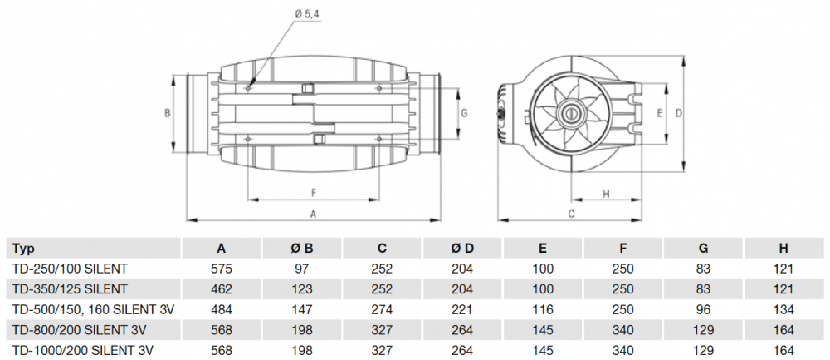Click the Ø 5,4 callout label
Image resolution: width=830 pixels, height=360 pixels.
pyautogui.click(x=305, y=12)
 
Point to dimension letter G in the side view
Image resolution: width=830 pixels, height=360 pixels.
pyautogui.click(x=465, y=111)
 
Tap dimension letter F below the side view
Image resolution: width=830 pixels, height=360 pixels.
pyautogui.click(x=314, y=193)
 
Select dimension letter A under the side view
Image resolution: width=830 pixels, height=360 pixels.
pyautogui.click(x=313, y=214)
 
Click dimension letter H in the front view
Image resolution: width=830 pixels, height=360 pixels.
pyautogui.click(x=605, y=195)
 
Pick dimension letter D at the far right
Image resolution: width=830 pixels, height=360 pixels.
pyautogui.click(x=678, y=112)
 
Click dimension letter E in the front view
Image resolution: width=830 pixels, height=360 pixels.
pyautogui.click(x=659, y=112)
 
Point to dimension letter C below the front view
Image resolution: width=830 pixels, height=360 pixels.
pyautogui.click(x=572, y=214)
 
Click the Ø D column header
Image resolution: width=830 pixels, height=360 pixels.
pyautogui.click(x=462, y=248)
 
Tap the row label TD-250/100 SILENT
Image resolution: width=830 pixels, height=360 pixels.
pyautogui.click(x=70, y=269)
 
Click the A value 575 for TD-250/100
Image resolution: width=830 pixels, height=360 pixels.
pyautogui.click(x=222, y=269)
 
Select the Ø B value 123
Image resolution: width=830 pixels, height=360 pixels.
pyautogui.click(x=302, y=288)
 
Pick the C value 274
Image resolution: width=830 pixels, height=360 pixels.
pyautogui.click(x=382, y=308)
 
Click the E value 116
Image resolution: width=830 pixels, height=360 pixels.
pyautogui.click(x=543, y=308)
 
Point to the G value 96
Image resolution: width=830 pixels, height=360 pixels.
pyautogui.click(x=703, y=308)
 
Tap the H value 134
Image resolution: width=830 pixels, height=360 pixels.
pyautogui.click(x=784, y=308)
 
